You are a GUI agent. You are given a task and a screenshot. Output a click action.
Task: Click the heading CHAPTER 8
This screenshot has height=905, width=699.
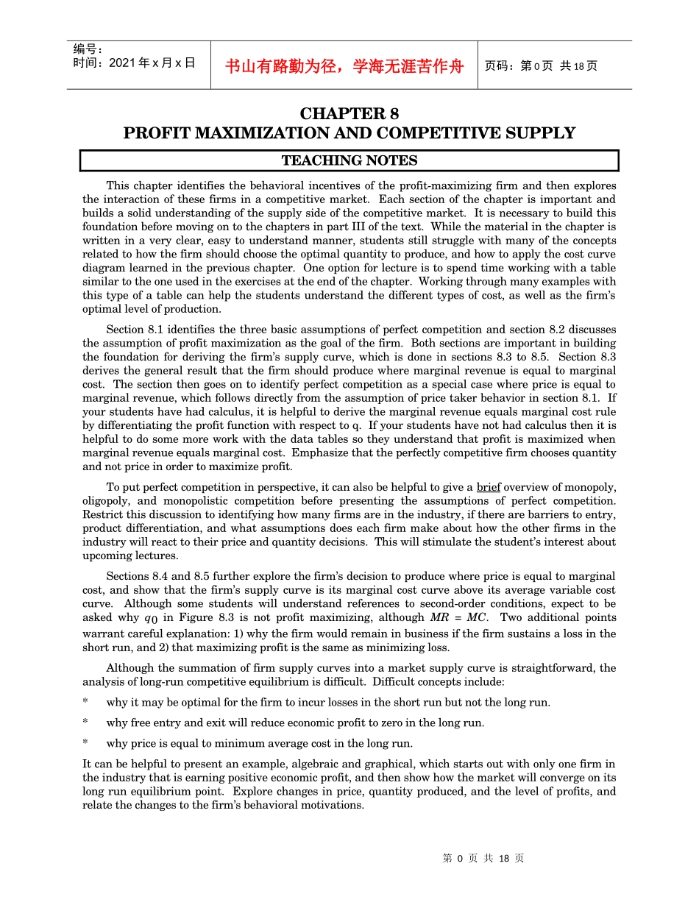[349, 114]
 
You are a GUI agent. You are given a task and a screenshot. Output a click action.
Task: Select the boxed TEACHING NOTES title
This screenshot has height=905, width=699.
[349, 160]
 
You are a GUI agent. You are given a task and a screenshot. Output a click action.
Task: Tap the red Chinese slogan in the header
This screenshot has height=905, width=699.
[344, 66]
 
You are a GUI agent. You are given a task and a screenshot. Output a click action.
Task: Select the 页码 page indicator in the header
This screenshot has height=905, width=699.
[541, 66]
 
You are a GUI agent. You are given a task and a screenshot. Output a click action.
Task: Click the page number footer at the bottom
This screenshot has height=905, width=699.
[483, 859]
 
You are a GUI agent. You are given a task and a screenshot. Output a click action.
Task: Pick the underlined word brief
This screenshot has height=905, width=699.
[489, 487]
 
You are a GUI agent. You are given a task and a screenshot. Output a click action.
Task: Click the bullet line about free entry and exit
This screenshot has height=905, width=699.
[295, 723]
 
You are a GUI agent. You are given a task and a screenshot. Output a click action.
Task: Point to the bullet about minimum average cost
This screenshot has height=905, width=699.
[259, 743]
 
